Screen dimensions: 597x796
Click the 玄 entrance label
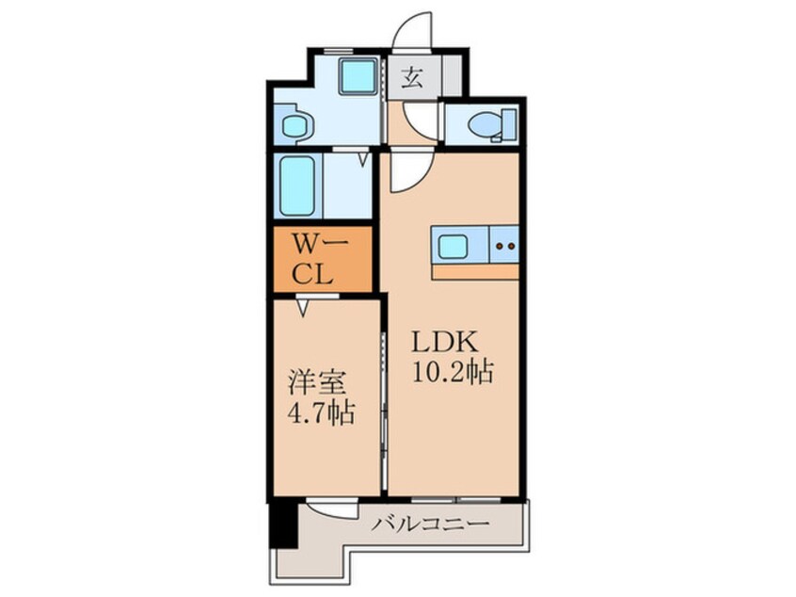click(412, 78)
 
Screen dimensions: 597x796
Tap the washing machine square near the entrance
click(357, 75)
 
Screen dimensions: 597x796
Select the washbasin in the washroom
click(295, 125)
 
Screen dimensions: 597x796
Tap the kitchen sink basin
click(453, 248)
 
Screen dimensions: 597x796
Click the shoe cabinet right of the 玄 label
click(449, 78)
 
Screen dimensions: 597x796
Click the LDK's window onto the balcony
click(452, 495)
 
